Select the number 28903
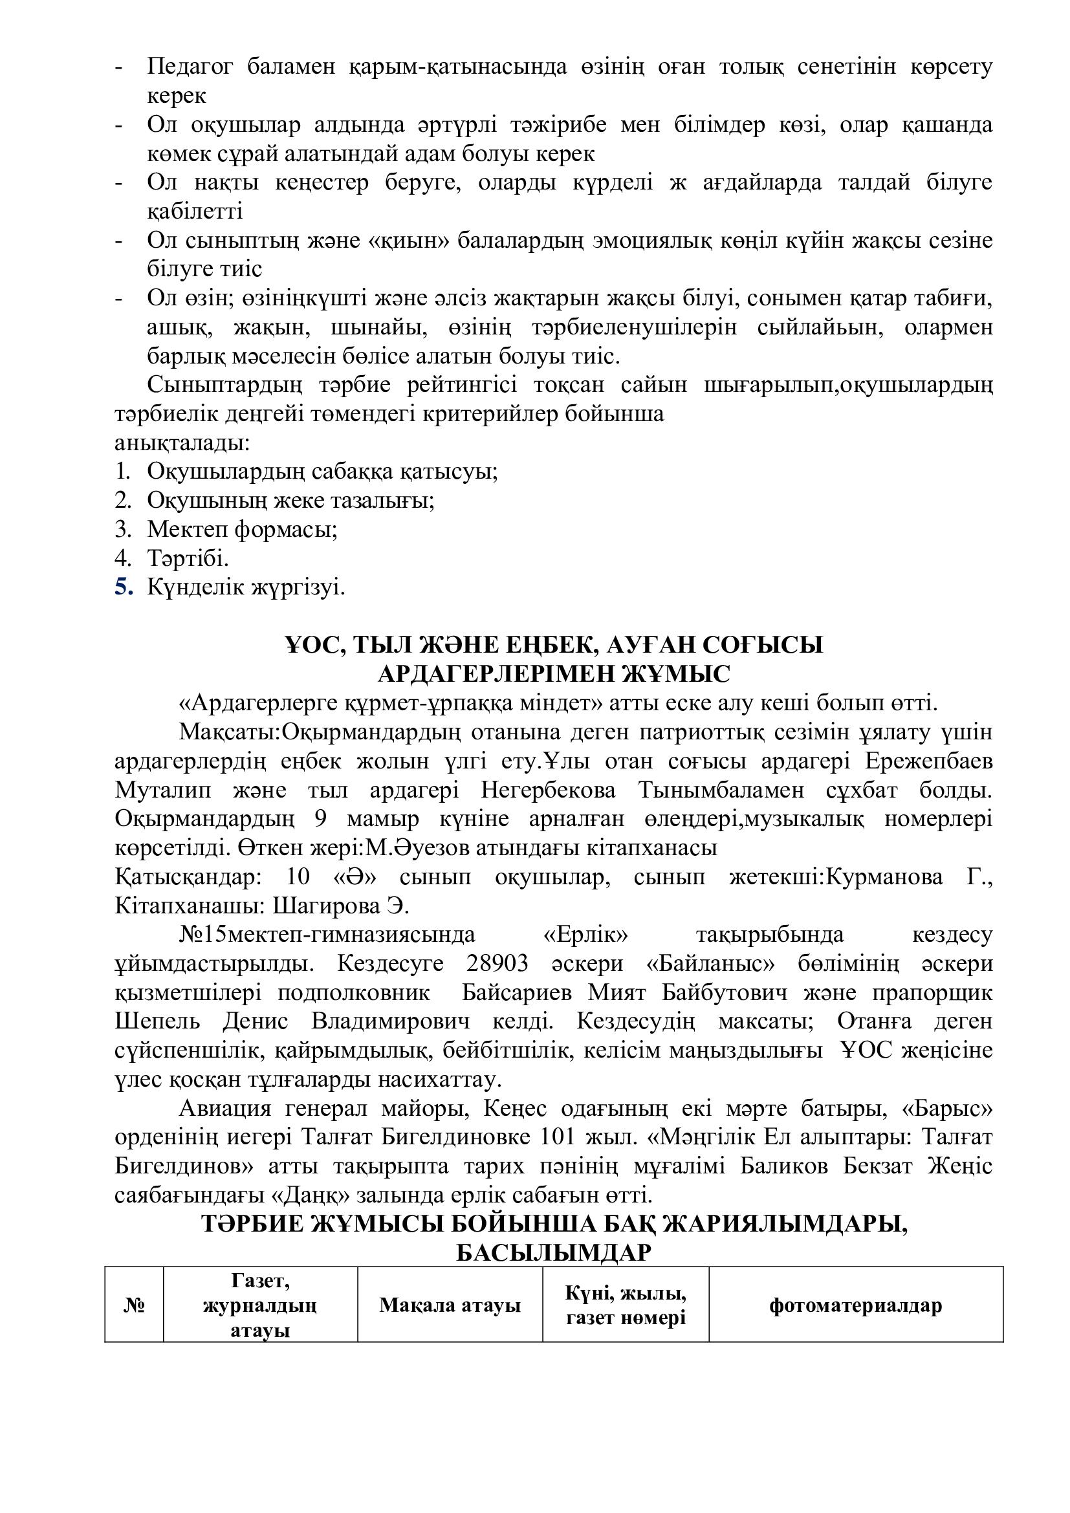pos(497,963)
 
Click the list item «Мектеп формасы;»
pos(242,529)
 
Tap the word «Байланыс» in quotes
pos(709,963)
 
